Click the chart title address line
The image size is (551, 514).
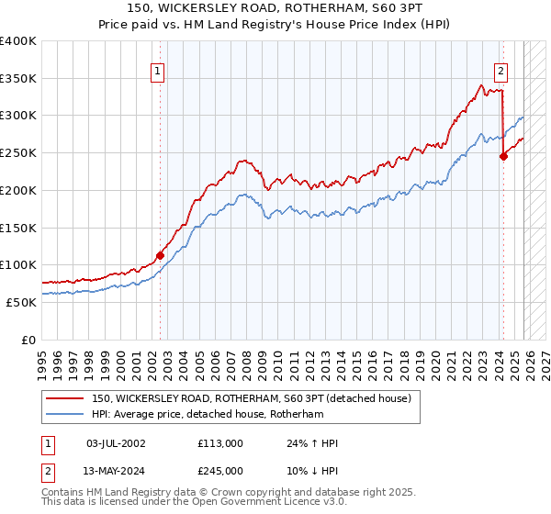[x=275, y=8]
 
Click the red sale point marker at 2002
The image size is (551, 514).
[x=160, y=255]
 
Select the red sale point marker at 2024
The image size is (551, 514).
[x=503, y=157]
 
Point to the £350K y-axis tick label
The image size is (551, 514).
[x=18, y=78]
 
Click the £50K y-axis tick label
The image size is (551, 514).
[x=21, y=302]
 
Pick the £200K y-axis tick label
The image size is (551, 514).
[x=18, y=190]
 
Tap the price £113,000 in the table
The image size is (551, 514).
[x=219, y=443]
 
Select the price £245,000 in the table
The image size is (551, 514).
[x=219, y=471]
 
